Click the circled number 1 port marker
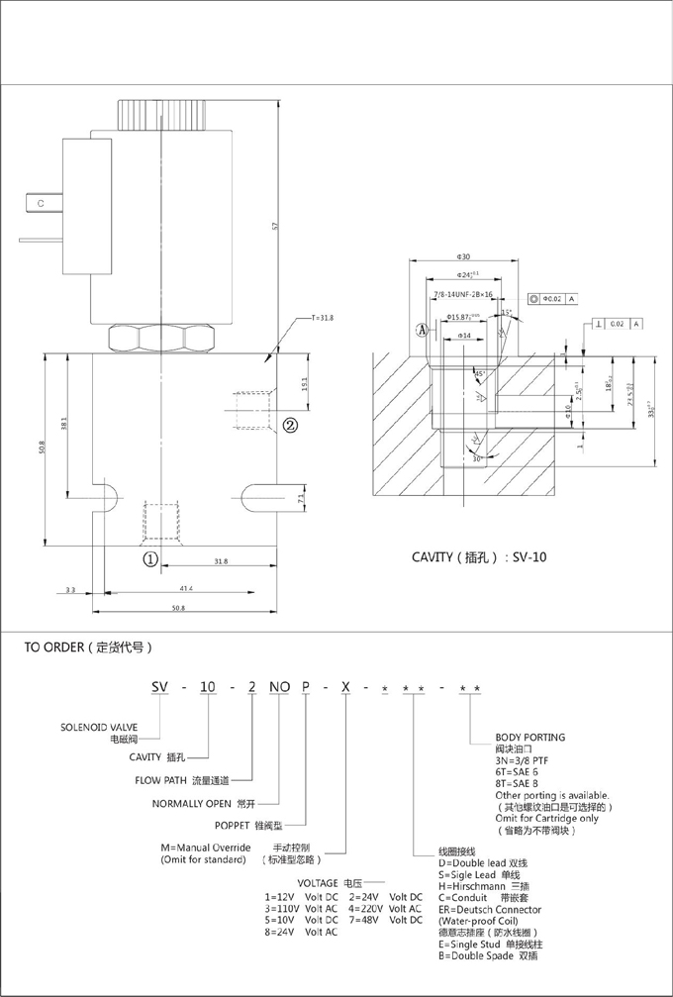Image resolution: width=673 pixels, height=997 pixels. [150, 558]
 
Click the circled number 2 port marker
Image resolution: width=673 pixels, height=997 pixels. [291, 426]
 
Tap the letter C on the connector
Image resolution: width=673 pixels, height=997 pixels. [42, 203]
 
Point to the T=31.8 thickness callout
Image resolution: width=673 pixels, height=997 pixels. [324, 318]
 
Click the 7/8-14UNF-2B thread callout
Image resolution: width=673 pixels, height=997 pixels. [464, 294]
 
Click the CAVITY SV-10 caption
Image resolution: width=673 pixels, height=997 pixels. [479, 556]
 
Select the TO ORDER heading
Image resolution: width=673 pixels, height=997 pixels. [88, 648]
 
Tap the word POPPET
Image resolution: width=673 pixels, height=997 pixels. [236, 824]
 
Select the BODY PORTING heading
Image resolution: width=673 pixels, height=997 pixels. [529, 738]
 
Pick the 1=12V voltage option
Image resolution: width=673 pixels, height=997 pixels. [281, 897]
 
